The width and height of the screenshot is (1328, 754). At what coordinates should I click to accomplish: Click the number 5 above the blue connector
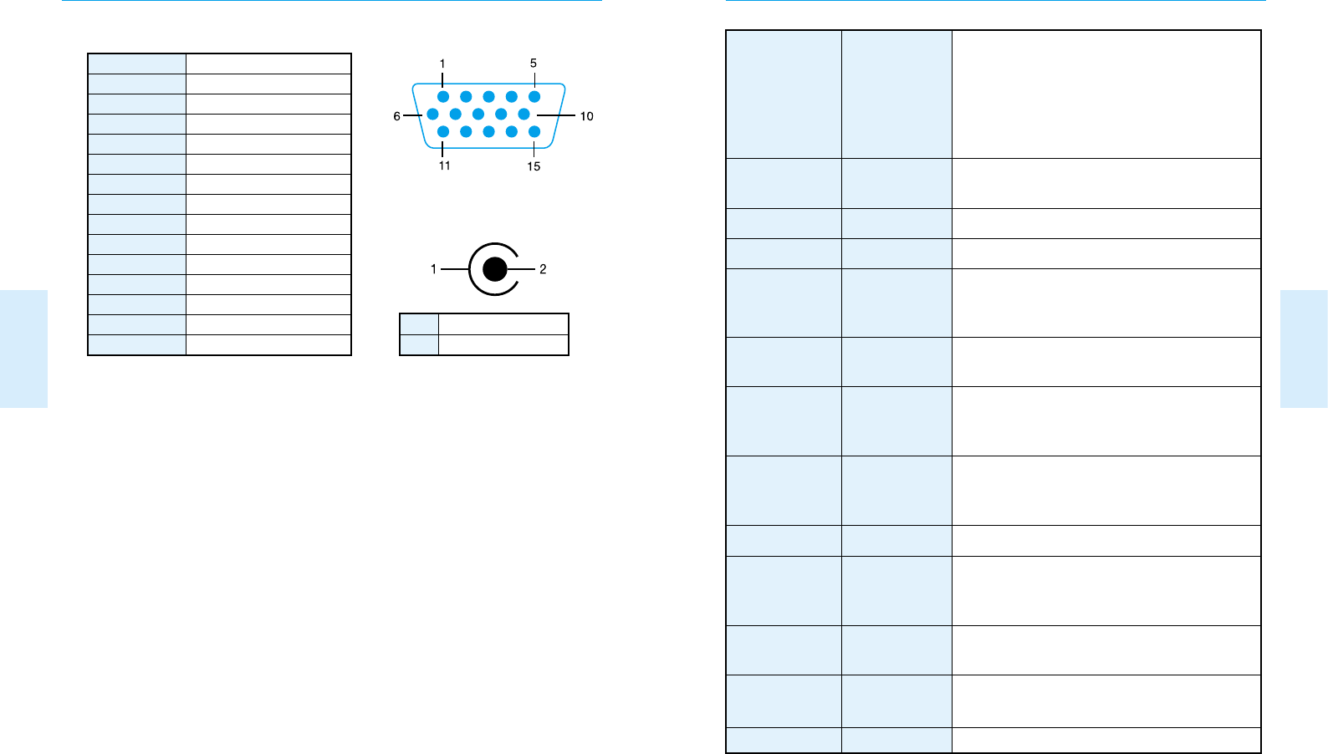[x=534, y=64]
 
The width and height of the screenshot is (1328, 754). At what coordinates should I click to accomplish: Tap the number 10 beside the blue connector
[x=586, y=116]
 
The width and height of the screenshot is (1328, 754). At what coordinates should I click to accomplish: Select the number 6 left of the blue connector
[x=397, y=116]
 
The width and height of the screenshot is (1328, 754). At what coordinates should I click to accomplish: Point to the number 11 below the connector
[x=444, y=166]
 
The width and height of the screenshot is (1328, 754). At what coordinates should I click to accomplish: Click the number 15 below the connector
[x=534, y=166]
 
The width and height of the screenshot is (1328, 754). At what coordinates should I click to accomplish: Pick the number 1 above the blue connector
[x=442, y=64]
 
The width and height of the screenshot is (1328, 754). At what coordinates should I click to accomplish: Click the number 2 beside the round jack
[x=543, y=269]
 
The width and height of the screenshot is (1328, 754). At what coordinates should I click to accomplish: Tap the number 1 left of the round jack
[x=433, y=269]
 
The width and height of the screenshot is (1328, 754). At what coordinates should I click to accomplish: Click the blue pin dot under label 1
[x=443, y=97]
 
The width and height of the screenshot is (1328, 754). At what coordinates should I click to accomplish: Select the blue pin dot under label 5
[x=534, y=97]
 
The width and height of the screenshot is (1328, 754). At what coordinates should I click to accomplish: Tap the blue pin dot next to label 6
[x=432, y=114]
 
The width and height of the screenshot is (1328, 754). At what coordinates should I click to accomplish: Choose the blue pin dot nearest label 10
[x=524, y=114]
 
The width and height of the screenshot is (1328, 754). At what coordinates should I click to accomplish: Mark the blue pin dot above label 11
[x=443, y=131]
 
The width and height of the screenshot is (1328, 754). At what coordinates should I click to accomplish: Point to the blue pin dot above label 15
[x=534, y=131]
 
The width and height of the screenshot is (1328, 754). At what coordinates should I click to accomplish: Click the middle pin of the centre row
[x=478, y=114]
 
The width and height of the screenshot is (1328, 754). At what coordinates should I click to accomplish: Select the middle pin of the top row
[x=488, y=97]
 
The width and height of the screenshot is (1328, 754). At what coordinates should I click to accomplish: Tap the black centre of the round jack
[x=495, y=269]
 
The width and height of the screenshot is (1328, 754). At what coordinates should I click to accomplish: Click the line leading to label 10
[x=556, y=115]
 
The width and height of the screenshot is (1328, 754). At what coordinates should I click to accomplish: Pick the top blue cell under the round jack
[x=419, y=324]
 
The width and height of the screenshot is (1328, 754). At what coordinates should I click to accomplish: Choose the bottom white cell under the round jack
[x=503, y=344]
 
